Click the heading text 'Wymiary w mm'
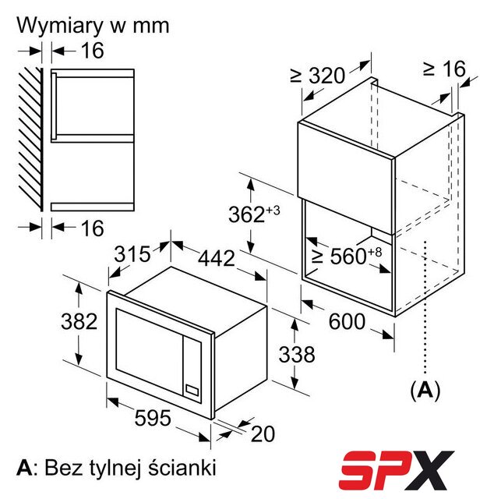tap(93, 26)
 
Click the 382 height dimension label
tap(79, 321)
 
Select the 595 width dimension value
tap(153, 418)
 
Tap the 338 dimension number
tap(297, 354)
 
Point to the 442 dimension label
tap(217, 258)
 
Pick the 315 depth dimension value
tap(132, 254)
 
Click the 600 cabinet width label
tap(347, 321)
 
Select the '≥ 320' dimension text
tap(318, 76)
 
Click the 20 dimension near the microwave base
tap(263, 434)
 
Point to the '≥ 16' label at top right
tap(444, 69)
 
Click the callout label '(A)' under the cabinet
tap(425, 390)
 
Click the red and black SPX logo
tap(397, 470)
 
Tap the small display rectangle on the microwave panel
tap(192, 391)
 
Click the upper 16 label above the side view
tap(92, 50)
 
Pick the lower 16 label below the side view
tap(92, 228)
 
